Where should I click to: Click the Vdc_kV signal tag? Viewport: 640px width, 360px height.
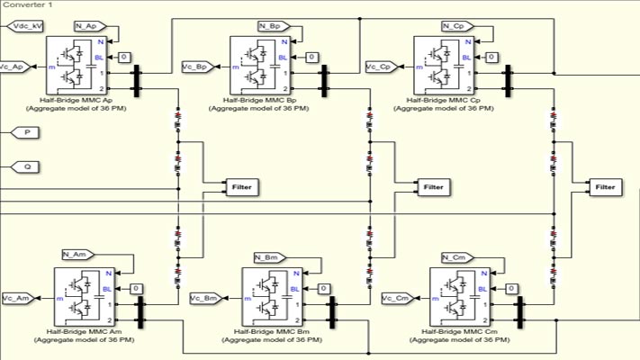(x=26, y=27)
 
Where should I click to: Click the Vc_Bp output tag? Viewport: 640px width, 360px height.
(x=197, y=67)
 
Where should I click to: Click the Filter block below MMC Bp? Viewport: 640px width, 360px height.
(x=433, y=187)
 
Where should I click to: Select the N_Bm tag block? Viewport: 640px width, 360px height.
(x=268, y=257)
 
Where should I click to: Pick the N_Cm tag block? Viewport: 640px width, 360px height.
(x=457, y=257)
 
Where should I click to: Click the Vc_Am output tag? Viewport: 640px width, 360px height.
(x=18, y=297)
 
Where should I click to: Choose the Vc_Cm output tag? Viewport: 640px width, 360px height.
(x=397, y=297)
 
